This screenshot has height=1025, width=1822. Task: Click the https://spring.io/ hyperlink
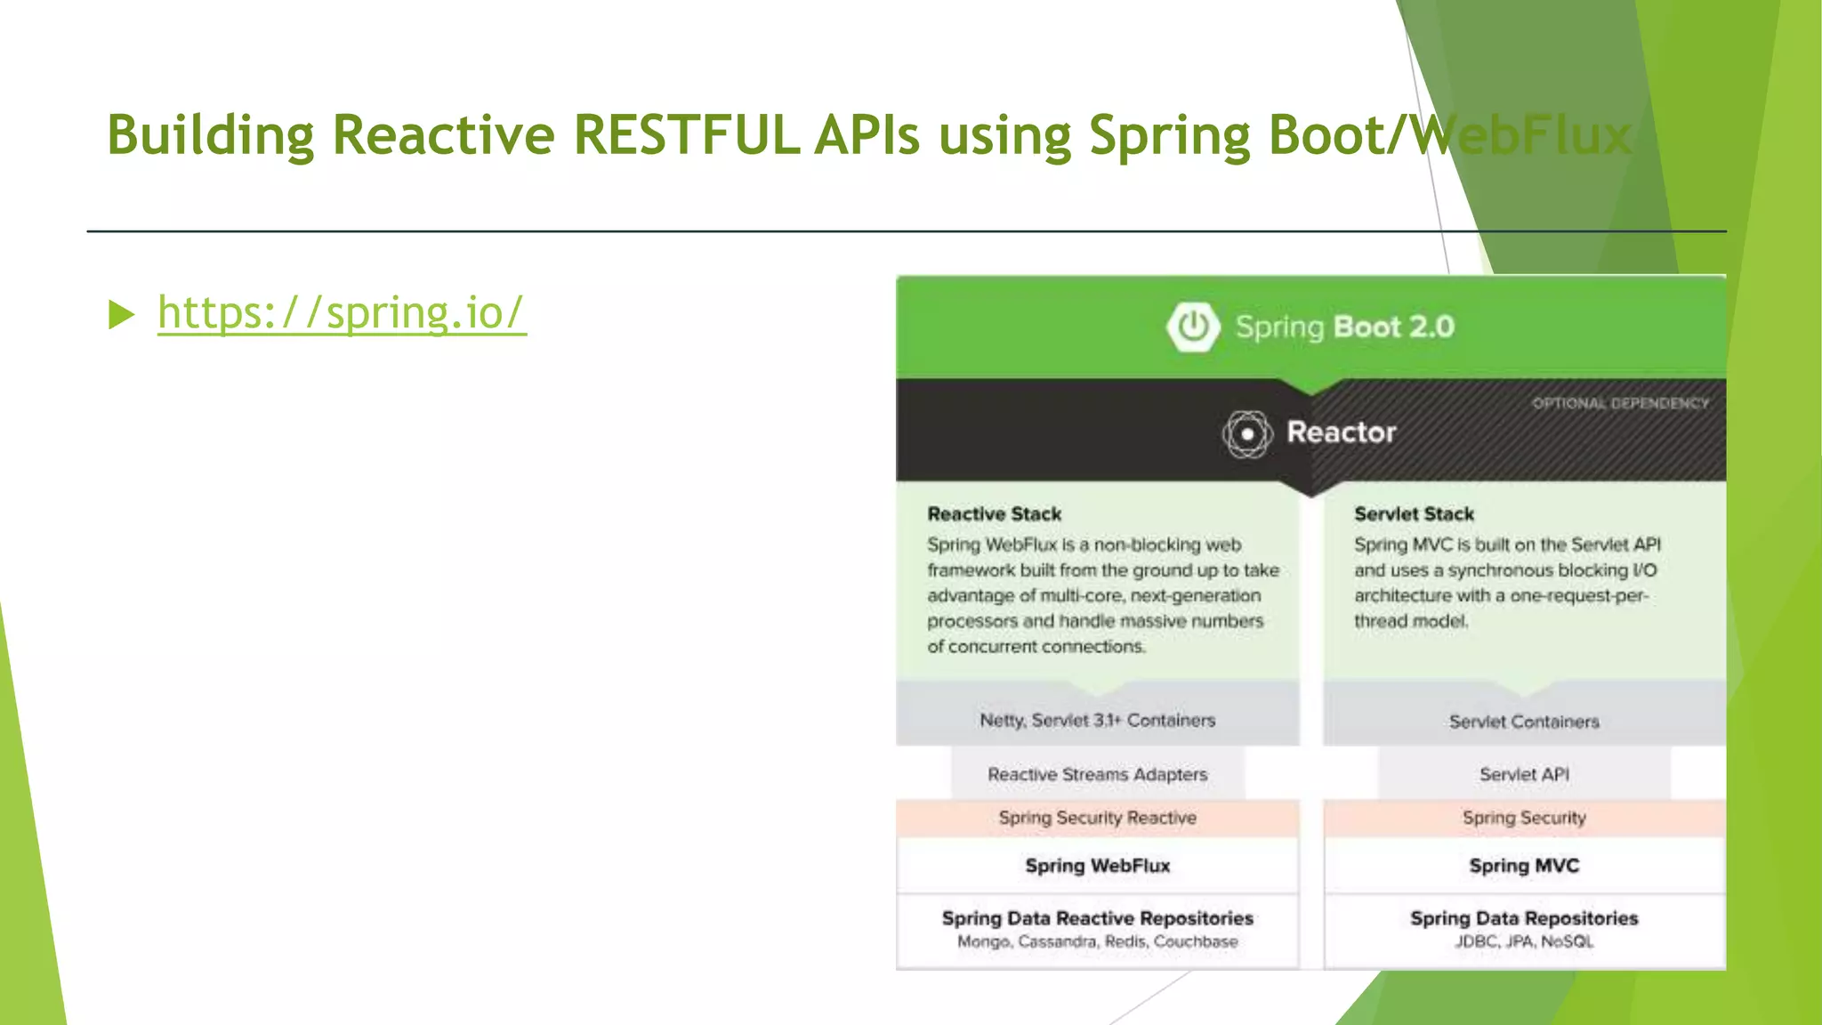coord(342,313)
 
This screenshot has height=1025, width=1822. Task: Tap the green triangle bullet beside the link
coord(121,314)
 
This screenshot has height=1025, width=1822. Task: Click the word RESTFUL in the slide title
coord(685,135)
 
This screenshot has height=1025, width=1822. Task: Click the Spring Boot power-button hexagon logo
coord(1192,327)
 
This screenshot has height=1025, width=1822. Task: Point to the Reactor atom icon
coord(1247,434)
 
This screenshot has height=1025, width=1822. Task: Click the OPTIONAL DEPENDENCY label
coord(1620,404)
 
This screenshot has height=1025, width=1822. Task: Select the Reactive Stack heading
coord(994,514)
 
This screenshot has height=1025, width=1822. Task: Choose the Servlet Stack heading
coord(1414,514)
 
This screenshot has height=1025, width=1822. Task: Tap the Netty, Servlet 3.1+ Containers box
coord(1097,720)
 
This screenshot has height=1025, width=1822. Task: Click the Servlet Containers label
coord(1524,722)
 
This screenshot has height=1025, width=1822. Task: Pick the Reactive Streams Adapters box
coord(1097,774)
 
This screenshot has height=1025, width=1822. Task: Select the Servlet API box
coord(1524,774)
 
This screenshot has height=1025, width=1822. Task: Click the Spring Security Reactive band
coord(1097,818)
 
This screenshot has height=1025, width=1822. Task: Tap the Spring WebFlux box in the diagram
coord(1097,866)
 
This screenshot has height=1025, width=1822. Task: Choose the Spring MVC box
coord(1524,866)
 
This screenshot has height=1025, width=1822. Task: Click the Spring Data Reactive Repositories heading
coord(1097,918)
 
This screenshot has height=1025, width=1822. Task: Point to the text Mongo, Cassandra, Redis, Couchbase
coord(1097,941)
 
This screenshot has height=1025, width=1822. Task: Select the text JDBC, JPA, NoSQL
coord(1524,941)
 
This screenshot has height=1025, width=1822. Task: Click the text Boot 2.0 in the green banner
coord(1394,327)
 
